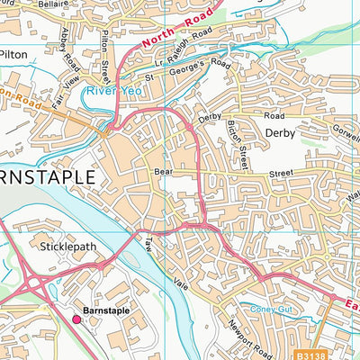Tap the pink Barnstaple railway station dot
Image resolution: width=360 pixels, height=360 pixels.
pyautogui.click(x=76, y=319)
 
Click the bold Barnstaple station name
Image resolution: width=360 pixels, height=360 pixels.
pyautogui.click(x=105, y=310)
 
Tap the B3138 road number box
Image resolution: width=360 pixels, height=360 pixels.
pyautogui.click(x=314, y=354)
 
